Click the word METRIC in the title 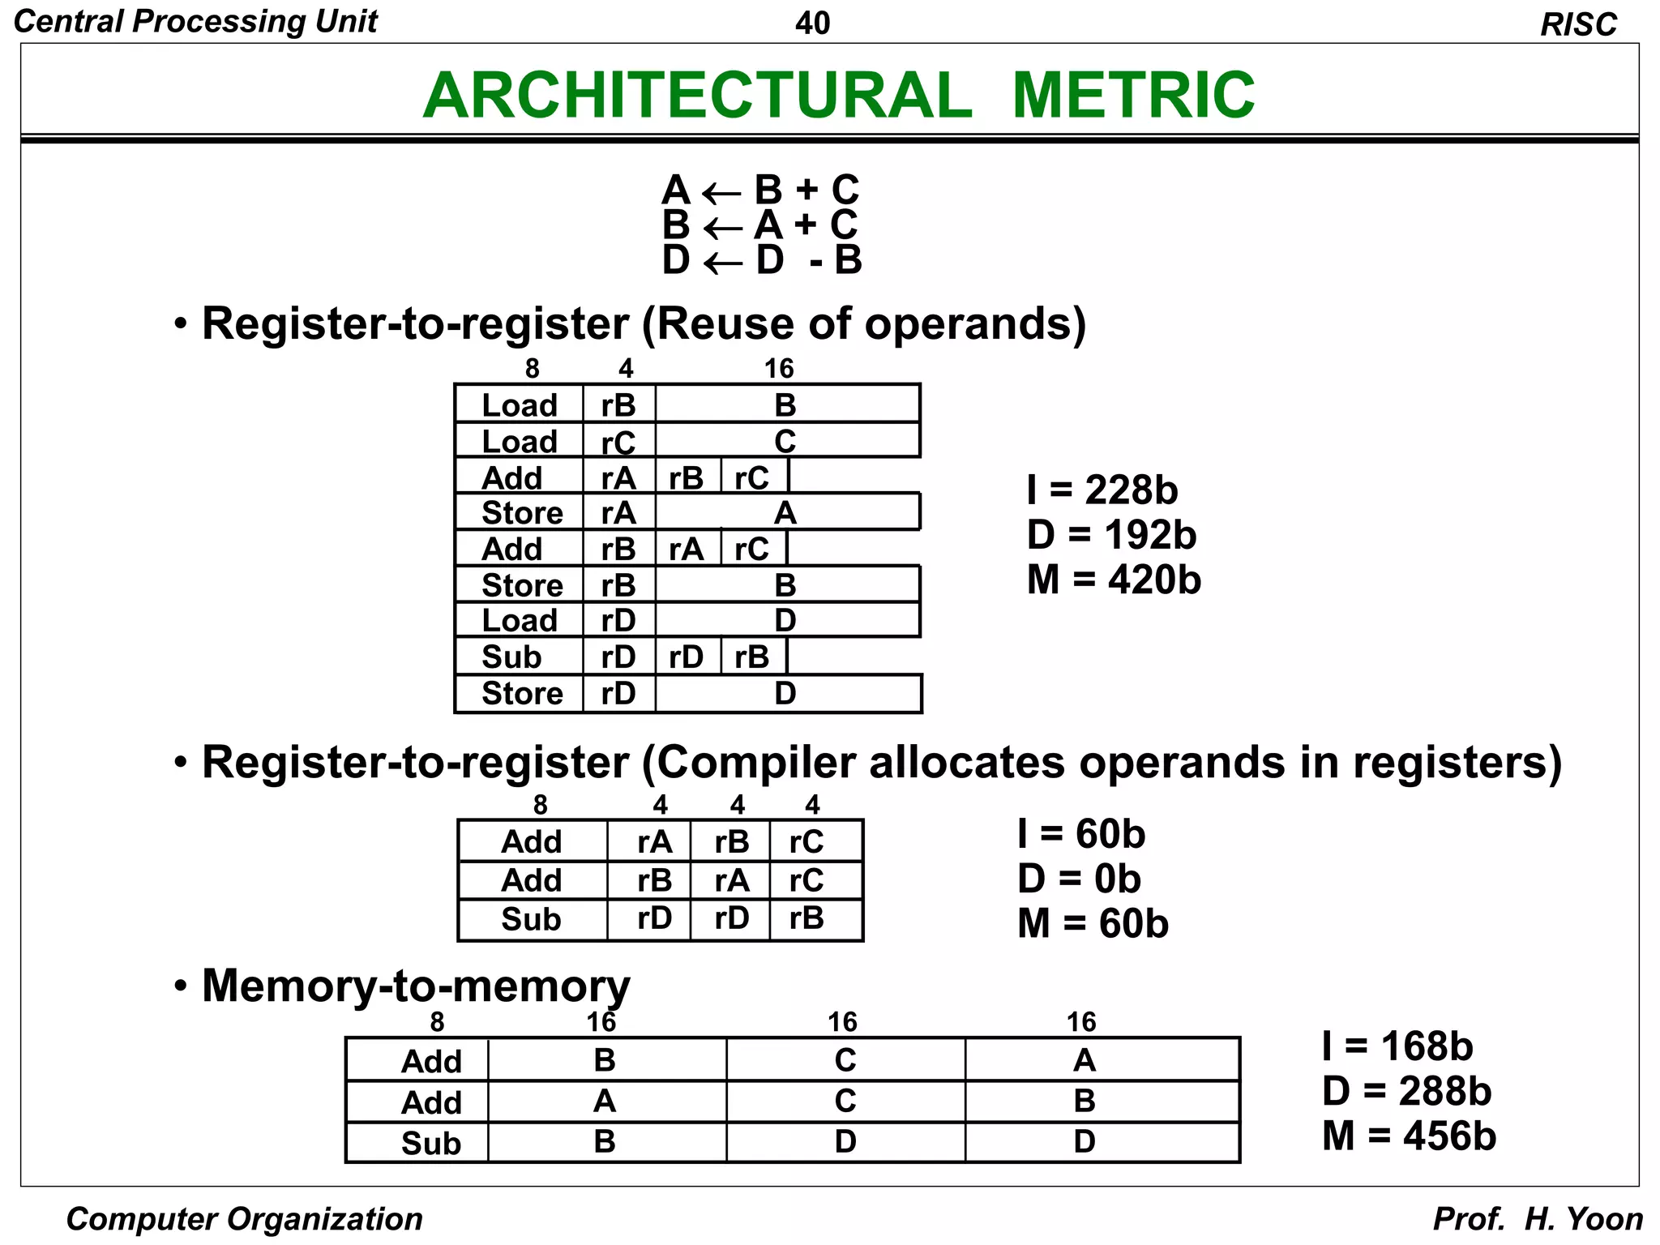click(1133, 95)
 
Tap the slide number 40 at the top click(812, 24)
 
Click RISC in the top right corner click(1577, 25)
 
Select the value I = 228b click(1102, 490)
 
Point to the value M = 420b click(1113, 580)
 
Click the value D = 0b click(1079, 879)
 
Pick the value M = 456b click(1408, 1136)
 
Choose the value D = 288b click(1406, 1091)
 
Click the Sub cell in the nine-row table click(511, 657)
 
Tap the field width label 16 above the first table click(779, 369)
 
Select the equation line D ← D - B click(761, 260)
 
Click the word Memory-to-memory click(416, 986)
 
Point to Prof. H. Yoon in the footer click(1538, 1219)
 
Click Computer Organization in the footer click(244, 1219)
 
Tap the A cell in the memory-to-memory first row click(1084, 1060)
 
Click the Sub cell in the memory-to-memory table click(431, 1143)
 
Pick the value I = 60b click(1081, 834)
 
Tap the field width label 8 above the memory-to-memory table click(437, 1022)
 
